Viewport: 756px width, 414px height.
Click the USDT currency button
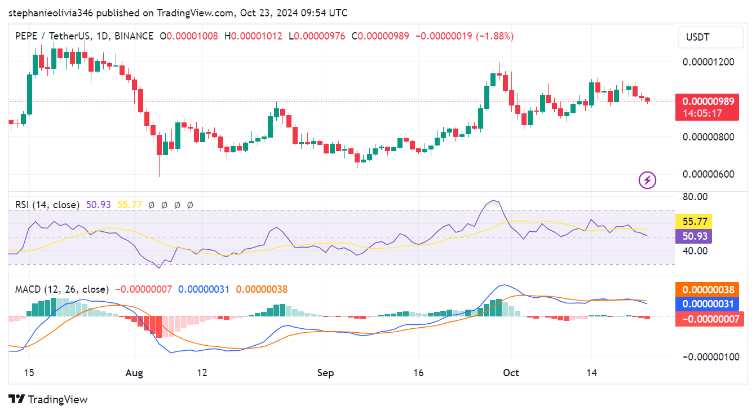(710, 38)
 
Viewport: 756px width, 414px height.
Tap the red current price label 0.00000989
(708, 102)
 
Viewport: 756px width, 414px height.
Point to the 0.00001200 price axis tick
(709, 61)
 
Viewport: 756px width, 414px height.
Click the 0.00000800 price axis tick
(709, 136)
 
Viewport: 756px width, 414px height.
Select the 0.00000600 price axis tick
(709, 174)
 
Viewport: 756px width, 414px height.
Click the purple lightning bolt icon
(647, 180)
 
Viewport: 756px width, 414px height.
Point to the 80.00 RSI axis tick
(695, 197)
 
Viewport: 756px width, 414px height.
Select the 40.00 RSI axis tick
(695, 250)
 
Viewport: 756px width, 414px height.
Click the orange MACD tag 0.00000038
(708, 290)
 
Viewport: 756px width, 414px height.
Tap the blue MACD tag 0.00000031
(708, 304)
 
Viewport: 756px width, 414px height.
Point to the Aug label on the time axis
(134, 373)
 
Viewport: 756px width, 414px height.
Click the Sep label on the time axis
(325, 373)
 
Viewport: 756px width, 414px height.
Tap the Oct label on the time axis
(511, 373)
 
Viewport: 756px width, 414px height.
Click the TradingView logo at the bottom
(48, 399)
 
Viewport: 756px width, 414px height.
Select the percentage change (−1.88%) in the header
(495, 36)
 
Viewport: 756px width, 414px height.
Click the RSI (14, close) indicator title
(47, 205)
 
